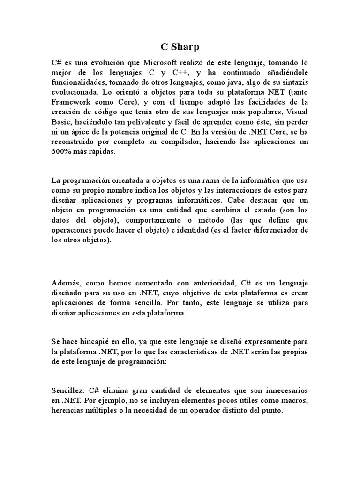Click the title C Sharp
[x=180, y=47]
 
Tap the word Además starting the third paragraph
[x=66, y=283]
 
